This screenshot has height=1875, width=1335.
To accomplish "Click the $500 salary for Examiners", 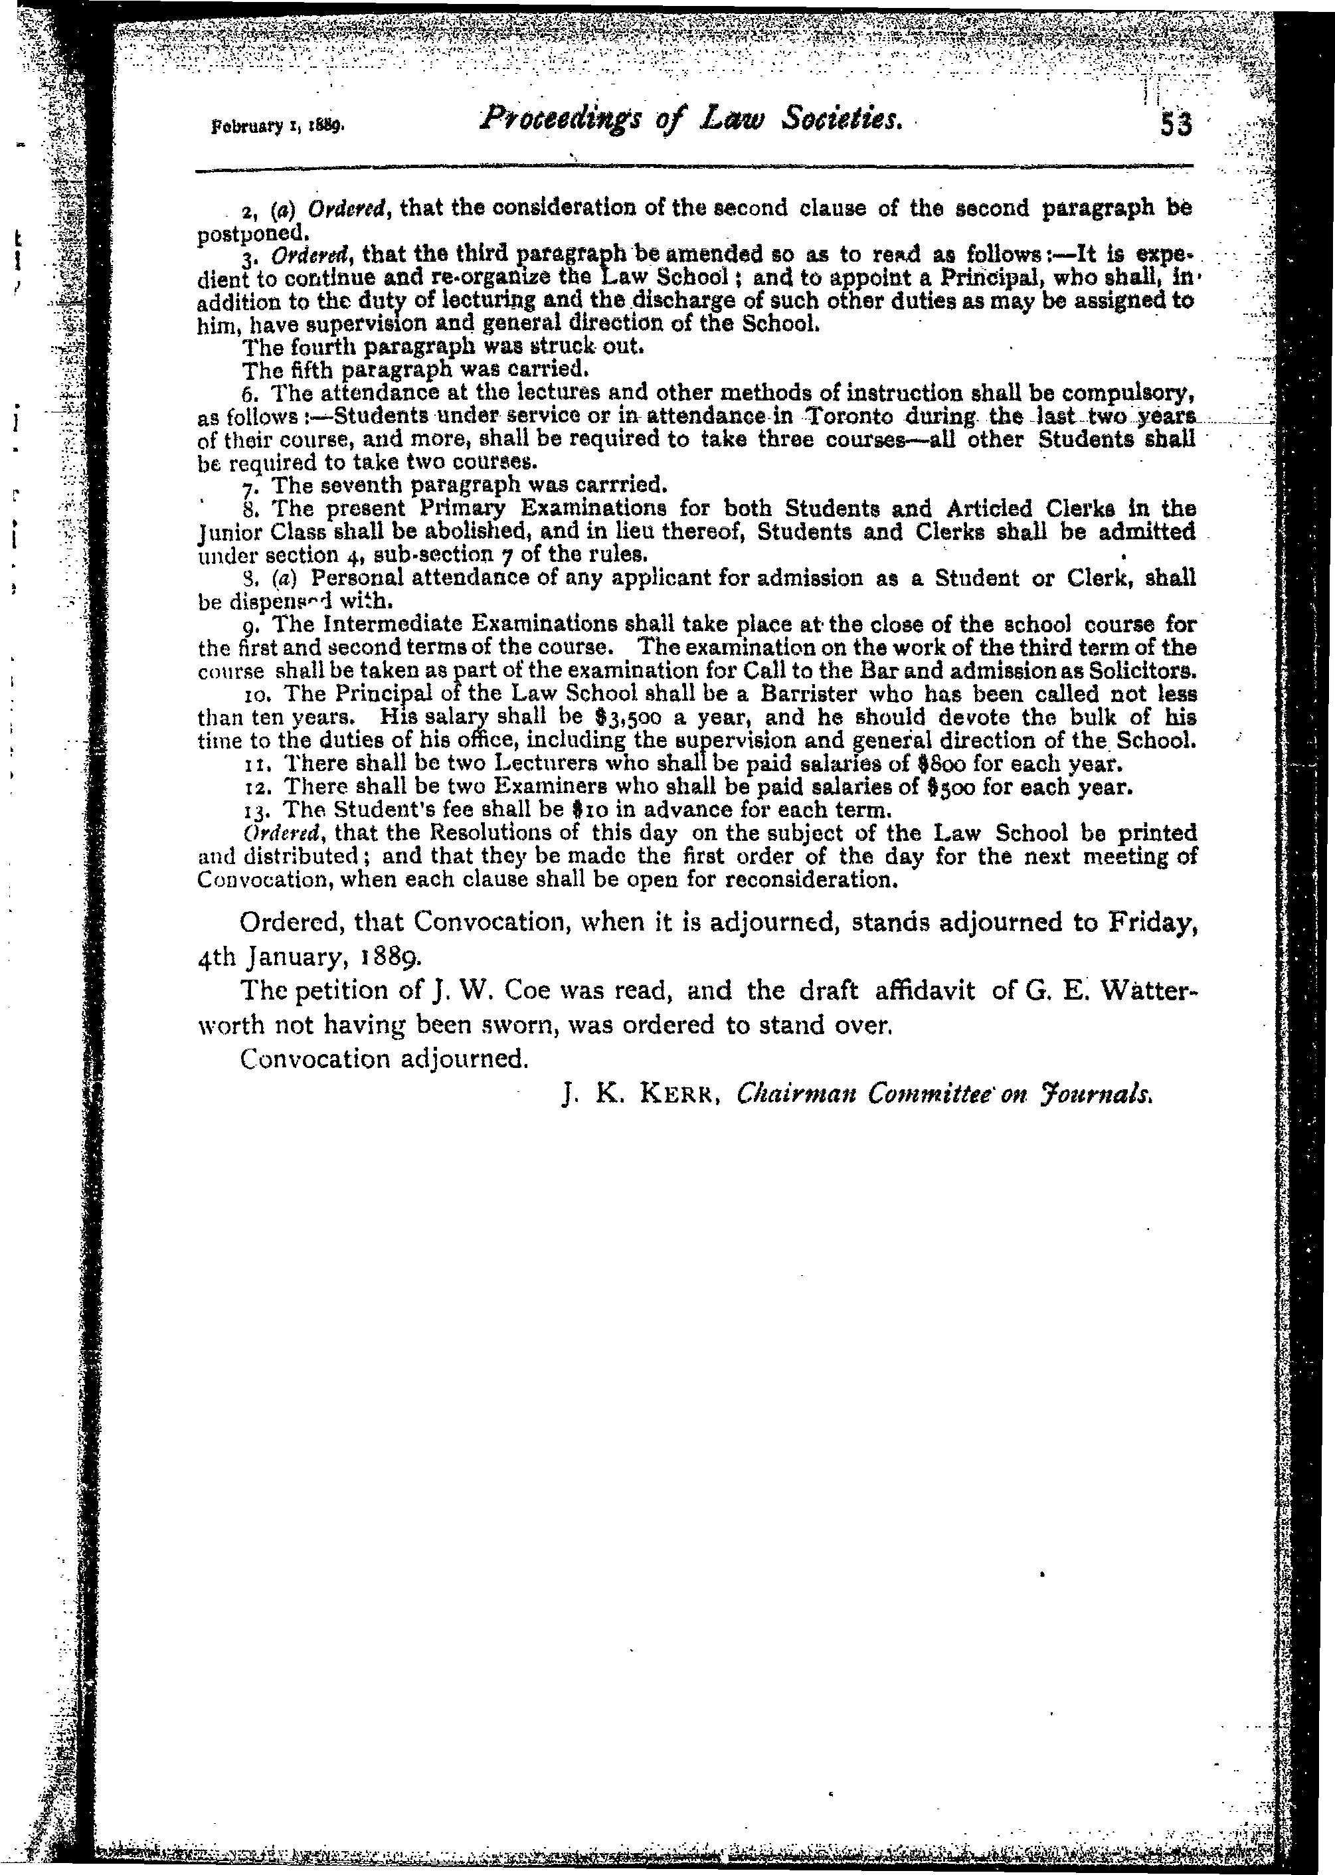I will [x=943, y=786].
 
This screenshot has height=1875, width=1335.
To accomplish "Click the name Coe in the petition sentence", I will [x=503, y=990].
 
